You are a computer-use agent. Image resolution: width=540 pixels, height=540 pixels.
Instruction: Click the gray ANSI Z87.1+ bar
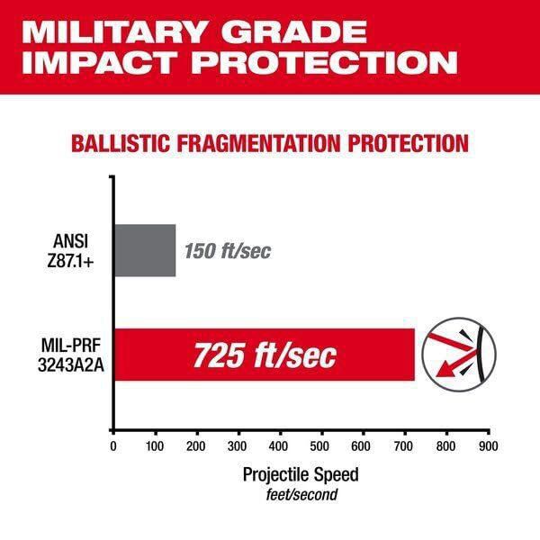[145, 250]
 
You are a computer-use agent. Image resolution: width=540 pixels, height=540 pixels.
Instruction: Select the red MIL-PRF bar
[265, 355]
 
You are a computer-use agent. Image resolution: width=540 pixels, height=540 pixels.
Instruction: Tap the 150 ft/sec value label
[228, 251]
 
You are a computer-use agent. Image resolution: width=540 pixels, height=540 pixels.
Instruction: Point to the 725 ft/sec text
[265, 355]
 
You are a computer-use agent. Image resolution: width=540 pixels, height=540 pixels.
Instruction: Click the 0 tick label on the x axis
[113, 446]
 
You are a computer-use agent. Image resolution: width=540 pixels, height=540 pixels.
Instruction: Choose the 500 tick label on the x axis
[319, 446]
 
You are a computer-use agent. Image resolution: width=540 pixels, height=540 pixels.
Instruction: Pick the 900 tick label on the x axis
[489, 446]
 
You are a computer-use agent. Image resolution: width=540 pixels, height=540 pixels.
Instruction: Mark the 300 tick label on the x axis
[237, 446]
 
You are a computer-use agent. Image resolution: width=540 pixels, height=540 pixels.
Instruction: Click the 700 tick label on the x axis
[403, 446]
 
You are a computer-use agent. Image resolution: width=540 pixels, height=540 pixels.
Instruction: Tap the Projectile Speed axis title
[301, 475]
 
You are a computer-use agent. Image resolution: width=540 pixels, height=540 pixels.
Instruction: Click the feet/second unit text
[301, 495]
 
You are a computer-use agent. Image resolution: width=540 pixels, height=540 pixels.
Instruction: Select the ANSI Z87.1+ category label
[70, 251]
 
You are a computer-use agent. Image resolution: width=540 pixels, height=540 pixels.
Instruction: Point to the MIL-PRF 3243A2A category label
[71, 355]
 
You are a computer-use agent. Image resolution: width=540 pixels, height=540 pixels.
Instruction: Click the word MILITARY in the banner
[115, 32]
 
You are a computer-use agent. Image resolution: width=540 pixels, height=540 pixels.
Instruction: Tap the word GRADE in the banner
[293, 32]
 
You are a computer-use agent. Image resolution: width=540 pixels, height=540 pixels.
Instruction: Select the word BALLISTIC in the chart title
[121, 143]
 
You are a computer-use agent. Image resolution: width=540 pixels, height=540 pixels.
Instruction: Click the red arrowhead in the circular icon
[444, 372]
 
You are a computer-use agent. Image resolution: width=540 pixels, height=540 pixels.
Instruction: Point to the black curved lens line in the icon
[481, 355]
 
